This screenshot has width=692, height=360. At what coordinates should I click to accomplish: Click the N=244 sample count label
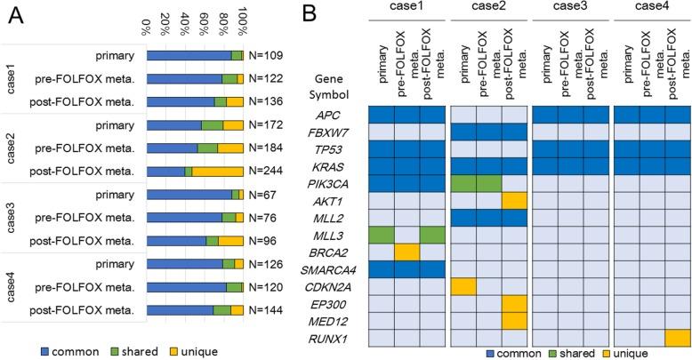(265, 171)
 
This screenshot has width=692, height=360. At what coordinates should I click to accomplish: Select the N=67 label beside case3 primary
(262, 194)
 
